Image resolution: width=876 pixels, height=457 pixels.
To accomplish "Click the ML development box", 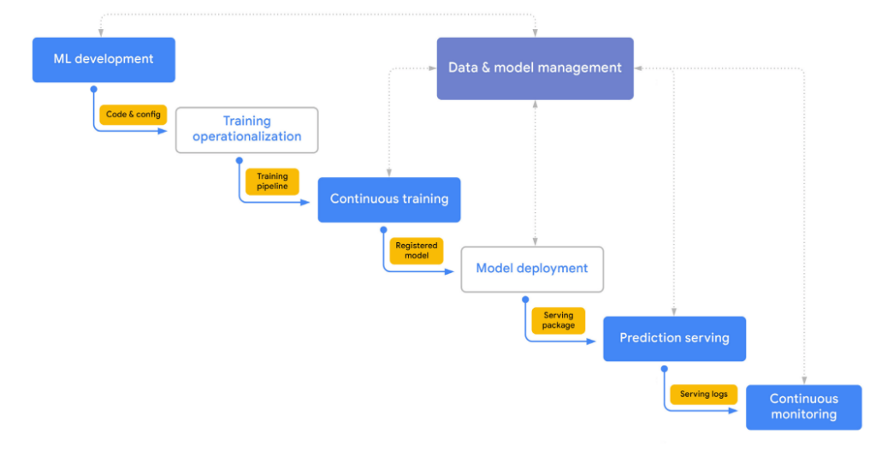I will [x=104, y=60].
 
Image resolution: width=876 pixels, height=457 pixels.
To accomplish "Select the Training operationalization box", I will [x=246, y=130].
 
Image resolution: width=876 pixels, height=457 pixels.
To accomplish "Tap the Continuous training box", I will [x=389, y=199].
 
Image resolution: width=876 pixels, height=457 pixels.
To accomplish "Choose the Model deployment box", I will [x=531, y=269].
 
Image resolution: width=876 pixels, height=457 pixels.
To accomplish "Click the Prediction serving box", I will [x=674, y=338].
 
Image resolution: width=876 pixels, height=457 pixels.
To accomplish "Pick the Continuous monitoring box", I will [x=803, y=407].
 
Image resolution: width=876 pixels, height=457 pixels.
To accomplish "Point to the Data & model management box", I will [x=535, y=68].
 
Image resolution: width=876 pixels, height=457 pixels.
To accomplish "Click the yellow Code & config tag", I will [x=133, y=115].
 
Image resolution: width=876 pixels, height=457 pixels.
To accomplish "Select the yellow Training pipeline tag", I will [x=272, y=181].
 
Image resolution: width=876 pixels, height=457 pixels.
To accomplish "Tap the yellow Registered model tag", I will [x=416, y=251].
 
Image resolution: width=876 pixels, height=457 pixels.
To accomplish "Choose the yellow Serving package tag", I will [x=558, y=320].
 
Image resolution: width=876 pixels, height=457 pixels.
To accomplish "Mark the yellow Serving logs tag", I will [x=703, y=395].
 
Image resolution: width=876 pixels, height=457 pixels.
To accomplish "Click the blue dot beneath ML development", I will [x=93, y=88].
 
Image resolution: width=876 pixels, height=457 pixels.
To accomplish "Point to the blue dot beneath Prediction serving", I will [x=664, y=368].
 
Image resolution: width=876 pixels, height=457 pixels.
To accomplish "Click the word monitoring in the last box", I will [x=803, y=415].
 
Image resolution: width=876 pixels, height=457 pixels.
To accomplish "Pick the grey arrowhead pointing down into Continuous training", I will [x=389, y=172].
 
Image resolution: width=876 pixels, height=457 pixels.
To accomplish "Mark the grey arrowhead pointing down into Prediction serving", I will [x=674, y=312].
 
